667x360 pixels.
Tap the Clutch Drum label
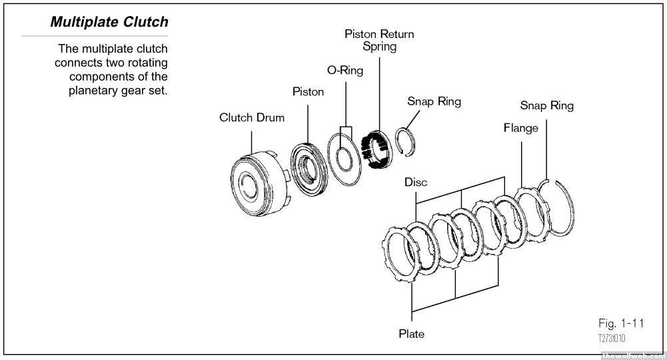click(252, 118)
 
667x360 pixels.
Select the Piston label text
click(308, 92)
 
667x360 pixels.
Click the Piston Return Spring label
click(379, 40)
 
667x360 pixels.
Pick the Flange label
click(520, 128)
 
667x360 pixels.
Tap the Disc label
click(416, 182)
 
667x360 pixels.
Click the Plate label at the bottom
click(412, 333)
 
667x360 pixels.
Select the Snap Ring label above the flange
click(546, 106)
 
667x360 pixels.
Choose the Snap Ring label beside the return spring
click(434, 102)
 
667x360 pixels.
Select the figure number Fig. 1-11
click(620, 325)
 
